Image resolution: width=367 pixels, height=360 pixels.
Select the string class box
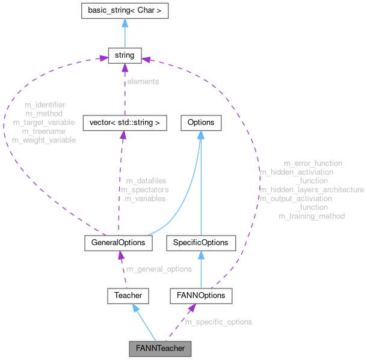(x=123, y=56)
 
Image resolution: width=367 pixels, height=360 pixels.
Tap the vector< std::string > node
(x=123, y=123)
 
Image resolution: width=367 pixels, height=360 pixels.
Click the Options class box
(x=200, y=123)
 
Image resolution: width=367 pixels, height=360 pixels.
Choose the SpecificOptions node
(x=200, y=242)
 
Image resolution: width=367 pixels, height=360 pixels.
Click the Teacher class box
(x=127, y=295)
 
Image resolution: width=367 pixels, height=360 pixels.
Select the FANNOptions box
(x=200, y=295)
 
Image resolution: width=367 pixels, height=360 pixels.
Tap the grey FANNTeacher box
(x=159, y=348)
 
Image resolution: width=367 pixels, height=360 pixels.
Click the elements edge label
(x=142, y=81)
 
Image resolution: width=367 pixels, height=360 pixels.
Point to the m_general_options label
(x=159, y=269)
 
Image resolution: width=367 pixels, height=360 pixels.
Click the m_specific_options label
(x=218, y=322)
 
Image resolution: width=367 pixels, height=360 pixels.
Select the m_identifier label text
(x=45, y=105)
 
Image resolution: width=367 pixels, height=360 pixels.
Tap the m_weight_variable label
(x=44, y=139)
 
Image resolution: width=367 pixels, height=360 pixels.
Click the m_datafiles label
(x=146, y=180)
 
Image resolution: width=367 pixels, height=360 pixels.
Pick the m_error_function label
(x=313, y=163)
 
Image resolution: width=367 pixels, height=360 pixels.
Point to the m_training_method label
(x=312, y=216)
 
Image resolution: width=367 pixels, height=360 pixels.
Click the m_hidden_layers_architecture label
(x=312, y=189)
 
